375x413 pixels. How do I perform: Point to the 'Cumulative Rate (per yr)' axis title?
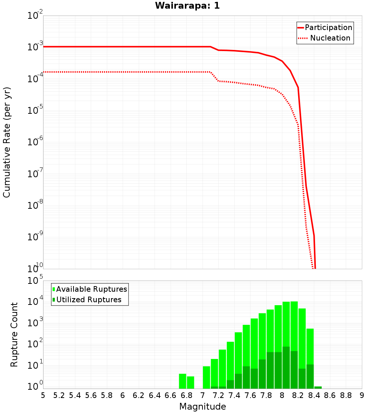coord(7,142)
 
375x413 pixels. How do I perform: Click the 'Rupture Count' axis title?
coord(14,334)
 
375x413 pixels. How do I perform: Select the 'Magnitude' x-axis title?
coord(202,407)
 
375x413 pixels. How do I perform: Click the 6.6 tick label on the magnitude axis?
coord(170,395)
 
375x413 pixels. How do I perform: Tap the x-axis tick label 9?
coord(362,395)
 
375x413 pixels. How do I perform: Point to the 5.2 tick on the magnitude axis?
coord(59,395)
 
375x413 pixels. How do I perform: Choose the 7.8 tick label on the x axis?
coord(266,395)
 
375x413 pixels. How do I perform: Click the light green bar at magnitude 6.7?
coord(183,381)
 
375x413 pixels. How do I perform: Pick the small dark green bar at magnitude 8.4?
coord(318,387)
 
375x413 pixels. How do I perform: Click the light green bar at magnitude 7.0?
coord(206,377)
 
